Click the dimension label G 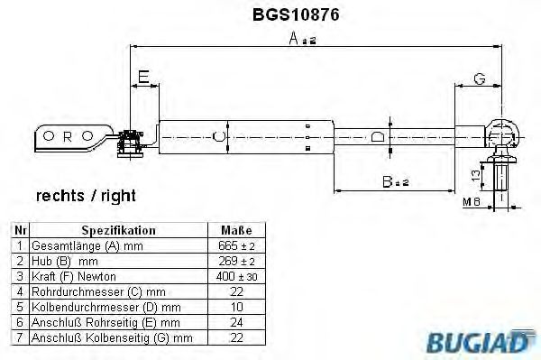(480, 78)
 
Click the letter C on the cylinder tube (215, 137)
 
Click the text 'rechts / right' (86, 196)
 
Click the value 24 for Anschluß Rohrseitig (237, 322)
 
